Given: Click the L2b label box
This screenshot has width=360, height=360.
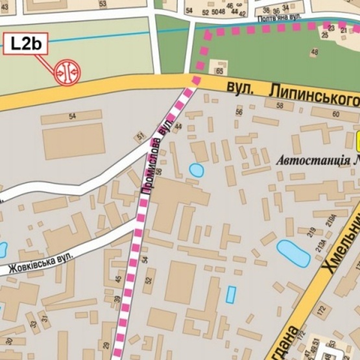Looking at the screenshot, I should pos(23,44).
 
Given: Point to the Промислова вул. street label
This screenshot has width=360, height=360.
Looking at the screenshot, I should pos(156,154).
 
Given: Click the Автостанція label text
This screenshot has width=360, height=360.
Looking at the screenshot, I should pos(318,160).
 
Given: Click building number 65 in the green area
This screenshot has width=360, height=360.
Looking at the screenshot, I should pos(220,70).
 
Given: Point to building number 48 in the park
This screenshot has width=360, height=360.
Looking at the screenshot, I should pos(315,52).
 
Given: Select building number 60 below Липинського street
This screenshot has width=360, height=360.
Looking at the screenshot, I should pos(335,115).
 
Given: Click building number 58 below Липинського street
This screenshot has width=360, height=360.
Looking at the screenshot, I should pos(239,113).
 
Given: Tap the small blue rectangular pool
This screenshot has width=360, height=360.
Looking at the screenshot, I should pos(231,294).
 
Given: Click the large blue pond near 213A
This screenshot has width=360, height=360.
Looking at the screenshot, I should pos(293,252).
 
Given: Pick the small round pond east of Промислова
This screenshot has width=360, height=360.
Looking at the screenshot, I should pos(196,171).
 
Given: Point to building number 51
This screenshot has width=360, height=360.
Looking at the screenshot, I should pos(139,136).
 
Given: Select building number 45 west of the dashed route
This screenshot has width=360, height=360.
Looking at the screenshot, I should pos(118,279).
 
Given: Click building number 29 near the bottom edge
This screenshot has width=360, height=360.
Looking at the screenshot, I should pos(106,345).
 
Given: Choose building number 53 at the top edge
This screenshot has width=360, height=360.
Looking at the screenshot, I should pos(102,4).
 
